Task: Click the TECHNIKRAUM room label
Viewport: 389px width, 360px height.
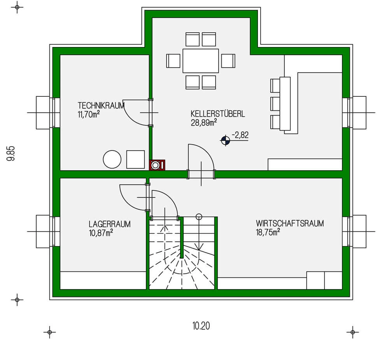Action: coord(101,106)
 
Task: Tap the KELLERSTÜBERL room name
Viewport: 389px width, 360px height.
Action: coord(217,114)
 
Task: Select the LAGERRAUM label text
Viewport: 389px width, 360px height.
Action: coord(109,224)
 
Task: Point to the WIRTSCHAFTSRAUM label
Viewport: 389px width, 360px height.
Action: coord(290,224)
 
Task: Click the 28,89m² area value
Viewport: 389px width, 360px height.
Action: coord(204,122)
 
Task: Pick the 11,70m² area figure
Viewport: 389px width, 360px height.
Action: coord(89,114)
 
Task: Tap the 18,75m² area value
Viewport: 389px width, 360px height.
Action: coord(268,232)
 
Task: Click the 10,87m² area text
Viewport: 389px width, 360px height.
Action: coord(101,233)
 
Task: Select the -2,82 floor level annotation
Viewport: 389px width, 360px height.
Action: coord(240,135)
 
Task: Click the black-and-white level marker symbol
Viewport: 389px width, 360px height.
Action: coord(225,141)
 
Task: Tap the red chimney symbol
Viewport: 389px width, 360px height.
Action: coord(157,165)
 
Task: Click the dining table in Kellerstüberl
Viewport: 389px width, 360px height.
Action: coord(201,61)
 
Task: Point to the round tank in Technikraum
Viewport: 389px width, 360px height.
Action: coord(112,159)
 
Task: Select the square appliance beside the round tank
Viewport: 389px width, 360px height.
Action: coord(135,159)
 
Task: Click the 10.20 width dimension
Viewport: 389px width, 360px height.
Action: coord(201,326)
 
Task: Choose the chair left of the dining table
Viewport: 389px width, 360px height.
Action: coord(173,61)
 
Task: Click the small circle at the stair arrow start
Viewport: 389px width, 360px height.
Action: coord(199,217)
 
